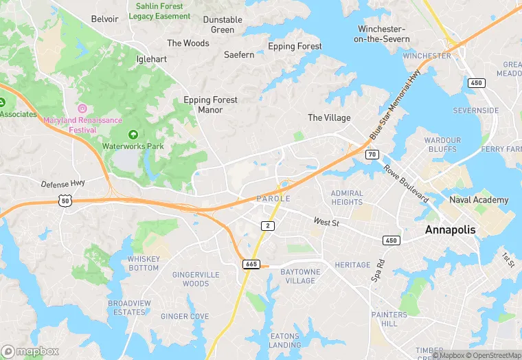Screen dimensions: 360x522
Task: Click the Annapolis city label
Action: point(450,229)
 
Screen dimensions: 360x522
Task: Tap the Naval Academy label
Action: point(479,200)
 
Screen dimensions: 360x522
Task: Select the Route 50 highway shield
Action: point(65,199)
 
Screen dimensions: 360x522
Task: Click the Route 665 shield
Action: point(251,264)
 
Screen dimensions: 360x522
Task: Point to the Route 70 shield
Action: point(372,155)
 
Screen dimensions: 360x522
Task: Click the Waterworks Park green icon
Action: point(133,134)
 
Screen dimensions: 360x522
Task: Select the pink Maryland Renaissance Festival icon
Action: point(82,109)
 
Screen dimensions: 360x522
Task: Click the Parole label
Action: point(273,199)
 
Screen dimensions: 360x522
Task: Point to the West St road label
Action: point(327,221)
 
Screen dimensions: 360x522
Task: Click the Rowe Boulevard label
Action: point(405,183)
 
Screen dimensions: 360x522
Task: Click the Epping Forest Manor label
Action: point(210,104)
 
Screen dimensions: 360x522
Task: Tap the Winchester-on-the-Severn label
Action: point(383,34)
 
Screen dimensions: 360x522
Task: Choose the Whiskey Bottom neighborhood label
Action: point(144,263)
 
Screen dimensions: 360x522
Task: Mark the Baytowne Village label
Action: point(300,276)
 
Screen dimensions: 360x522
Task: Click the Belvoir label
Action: point(104,19)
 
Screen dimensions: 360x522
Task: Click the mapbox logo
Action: point(31,351)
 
